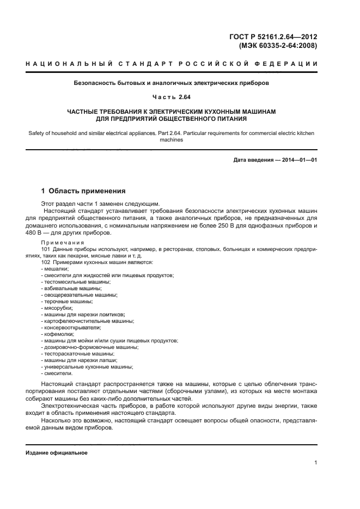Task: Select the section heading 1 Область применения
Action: pyautogui.click(x=84, y=191)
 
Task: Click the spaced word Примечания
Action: pyautogui.click(x=63, y=242)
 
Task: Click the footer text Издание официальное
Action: pyautogui.click(x=56, y=453)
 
